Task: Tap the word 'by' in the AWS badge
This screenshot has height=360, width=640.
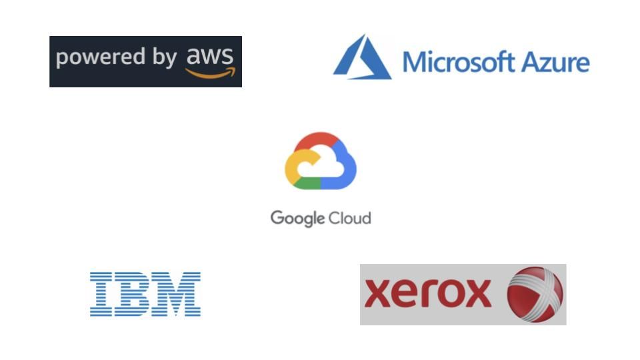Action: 163,59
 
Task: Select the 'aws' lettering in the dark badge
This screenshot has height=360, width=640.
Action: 209,56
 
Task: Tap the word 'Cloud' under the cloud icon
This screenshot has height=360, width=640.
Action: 349,217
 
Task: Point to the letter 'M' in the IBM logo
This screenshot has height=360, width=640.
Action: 177,294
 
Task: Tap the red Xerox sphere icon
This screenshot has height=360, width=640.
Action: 535,294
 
